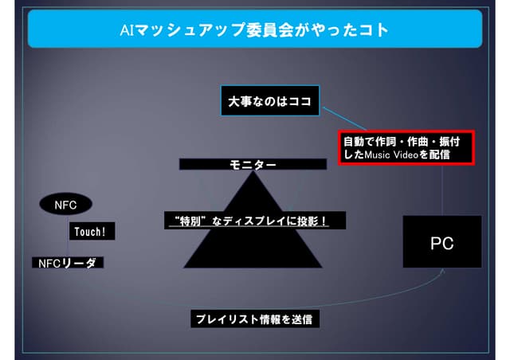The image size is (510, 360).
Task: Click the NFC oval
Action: [65, 204]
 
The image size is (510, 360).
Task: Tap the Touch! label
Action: [92, 231]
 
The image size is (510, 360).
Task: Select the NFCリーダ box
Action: [68, 263]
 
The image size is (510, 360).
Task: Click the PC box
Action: [442, 241]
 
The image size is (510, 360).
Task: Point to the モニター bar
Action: [253, 164]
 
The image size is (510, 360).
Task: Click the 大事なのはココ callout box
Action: [270, 101]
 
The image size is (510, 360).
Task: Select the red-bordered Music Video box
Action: [406, 148]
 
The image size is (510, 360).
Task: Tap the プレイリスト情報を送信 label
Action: [255, 319]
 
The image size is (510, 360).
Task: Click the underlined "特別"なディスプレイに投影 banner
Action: [255, 221]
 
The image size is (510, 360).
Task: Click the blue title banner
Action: [255, 29]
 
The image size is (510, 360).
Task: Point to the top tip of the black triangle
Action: [253, 171]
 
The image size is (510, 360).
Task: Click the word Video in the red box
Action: [406, 155]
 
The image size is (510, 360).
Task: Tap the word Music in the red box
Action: [377, 155]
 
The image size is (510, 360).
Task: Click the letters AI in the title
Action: [127, 30]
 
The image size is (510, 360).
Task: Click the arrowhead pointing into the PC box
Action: [442, 271]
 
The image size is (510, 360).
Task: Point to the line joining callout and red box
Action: [345, 119]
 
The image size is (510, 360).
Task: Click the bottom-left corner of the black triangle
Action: [184, 268]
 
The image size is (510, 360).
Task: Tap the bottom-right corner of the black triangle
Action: [322, 268]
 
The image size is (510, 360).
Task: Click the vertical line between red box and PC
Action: [442, 190]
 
